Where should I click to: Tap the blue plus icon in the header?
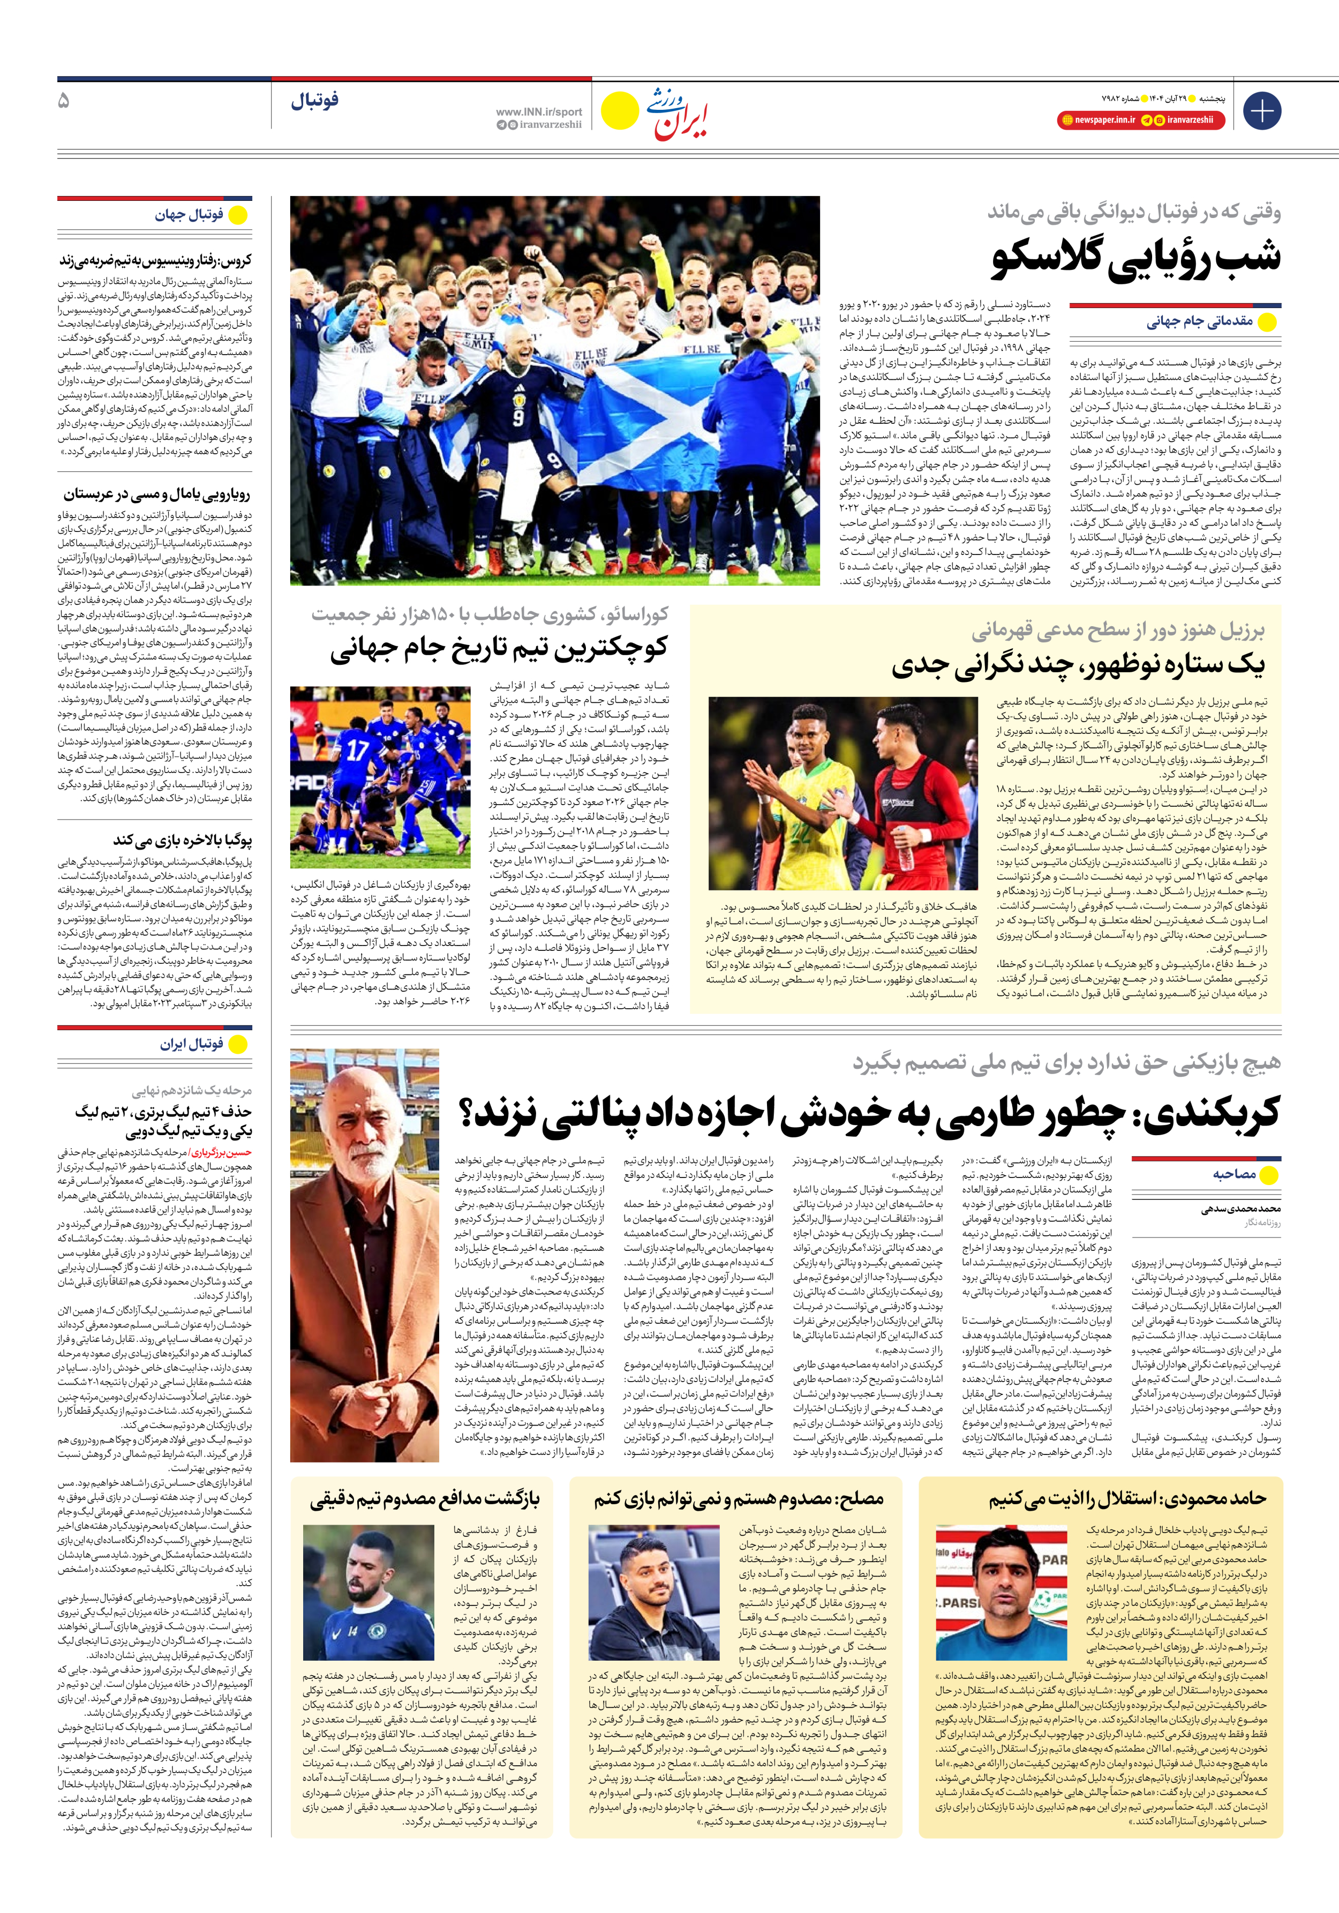click(x=1261, y=111)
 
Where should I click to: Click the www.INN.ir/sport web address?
click(x=538, y=111)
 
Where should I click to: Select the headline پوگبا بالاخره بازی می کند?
click(x=183, y=840)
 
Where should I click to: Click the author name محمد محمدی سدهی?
click(x=1240, y=1209)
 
